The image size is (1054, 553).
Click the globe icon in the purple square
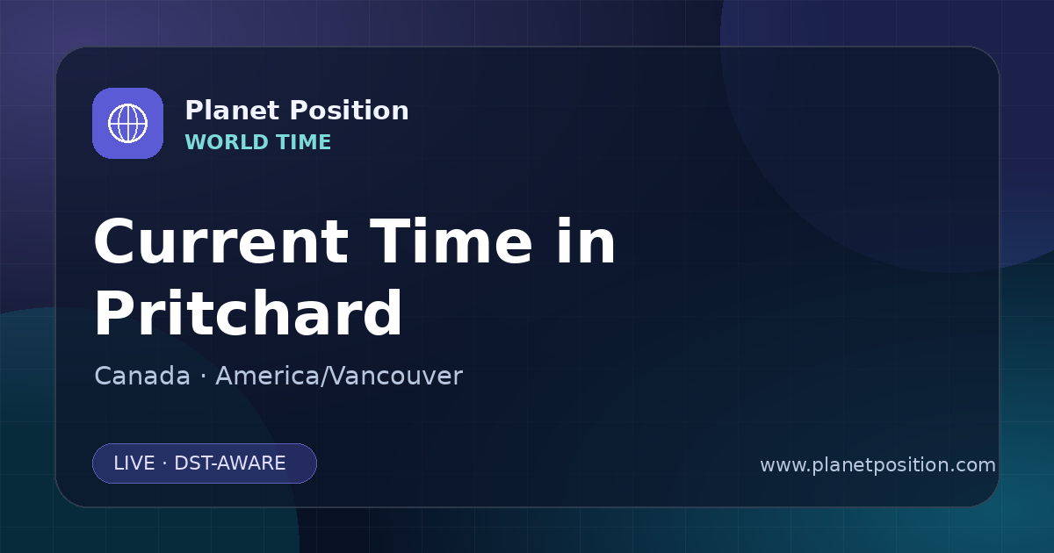[x=128, y=123]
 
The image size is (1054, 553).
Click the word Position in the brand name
[x=350, y=111]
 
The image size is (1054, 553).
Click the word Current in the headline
[x=221, y=241]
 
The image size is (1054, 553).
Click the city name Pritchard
[x=248, y=312]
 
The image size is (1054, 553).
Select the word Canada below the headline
[x=142, y=376]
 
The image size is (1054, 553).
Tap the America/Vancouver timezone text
[x=339, y=376]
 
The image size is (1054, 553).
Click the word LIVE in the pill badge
[x=134, y=463]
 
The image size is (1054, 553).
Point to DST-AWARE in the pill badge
[x=229, y=463]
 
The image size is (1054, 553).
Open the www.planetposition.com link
[x=877, y=465]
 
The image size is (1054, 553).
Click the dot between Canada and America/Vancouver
[x=203, y=377]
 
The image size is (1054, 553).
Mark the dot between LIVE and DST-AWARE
[x=165, y=463]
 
